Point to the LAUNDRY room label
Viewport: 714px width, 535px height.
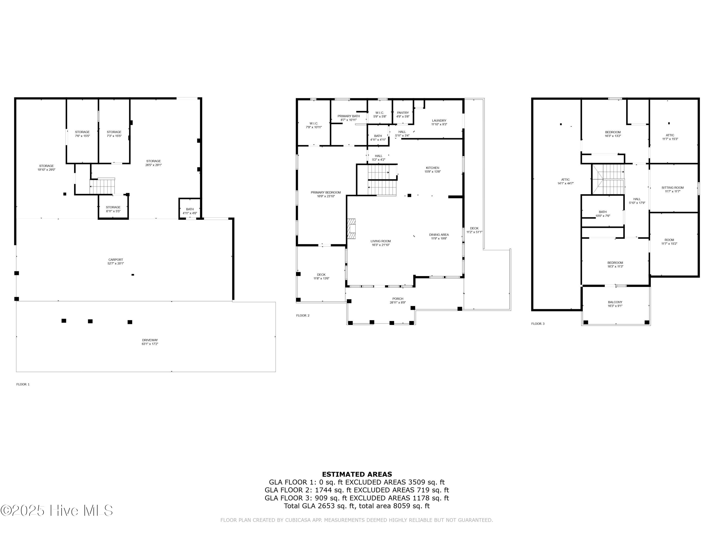(439, 121)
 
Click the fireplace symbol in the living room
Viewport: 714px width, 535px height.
(351, 229)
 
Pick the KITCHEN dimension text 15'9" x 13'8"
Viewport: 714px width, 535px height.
(432, 172)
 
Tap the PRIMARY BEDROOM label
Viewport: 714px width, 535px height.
(326, 193)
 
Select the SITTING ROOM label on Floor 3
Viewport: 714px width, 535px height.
(672, 188)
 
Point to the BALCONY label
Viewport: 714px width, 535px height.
(615, 302)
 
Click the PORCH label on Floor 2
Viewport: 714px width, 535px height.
(398, 299)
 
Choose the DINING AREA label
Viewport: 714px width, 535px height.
(439, 235)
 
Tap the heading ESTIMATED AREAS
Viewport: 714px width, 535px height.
(357, 474)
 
